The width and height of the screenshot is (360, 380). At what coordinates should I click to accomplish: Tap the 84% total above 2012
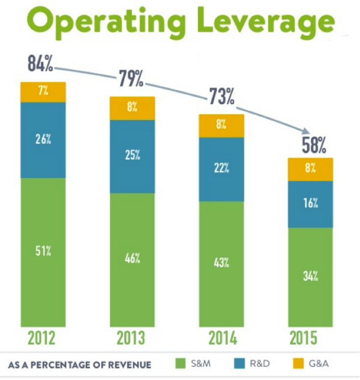click(40, 64)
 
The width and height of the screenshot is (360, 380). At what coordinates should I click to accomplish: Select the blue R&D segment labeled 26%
click(43, 140)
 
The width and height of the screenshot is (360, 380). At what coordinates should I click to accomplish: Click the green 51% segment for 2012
click(43, 252)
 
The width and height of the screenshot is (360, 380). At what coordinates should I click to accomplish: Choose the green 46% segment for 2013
click(132, 260)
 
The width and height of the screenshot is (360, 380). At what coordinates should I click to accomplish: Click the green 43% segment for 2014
click(221, 263)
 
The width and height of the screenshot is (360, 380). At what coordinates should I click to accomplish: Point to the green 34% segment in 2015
click(311, 277)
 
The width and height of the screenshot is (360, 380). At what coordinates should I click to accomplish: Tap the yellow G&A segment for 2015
click(311, 169)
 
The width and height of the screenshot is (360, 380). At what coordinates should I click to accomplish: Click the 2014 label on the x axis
click(222, 338)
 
